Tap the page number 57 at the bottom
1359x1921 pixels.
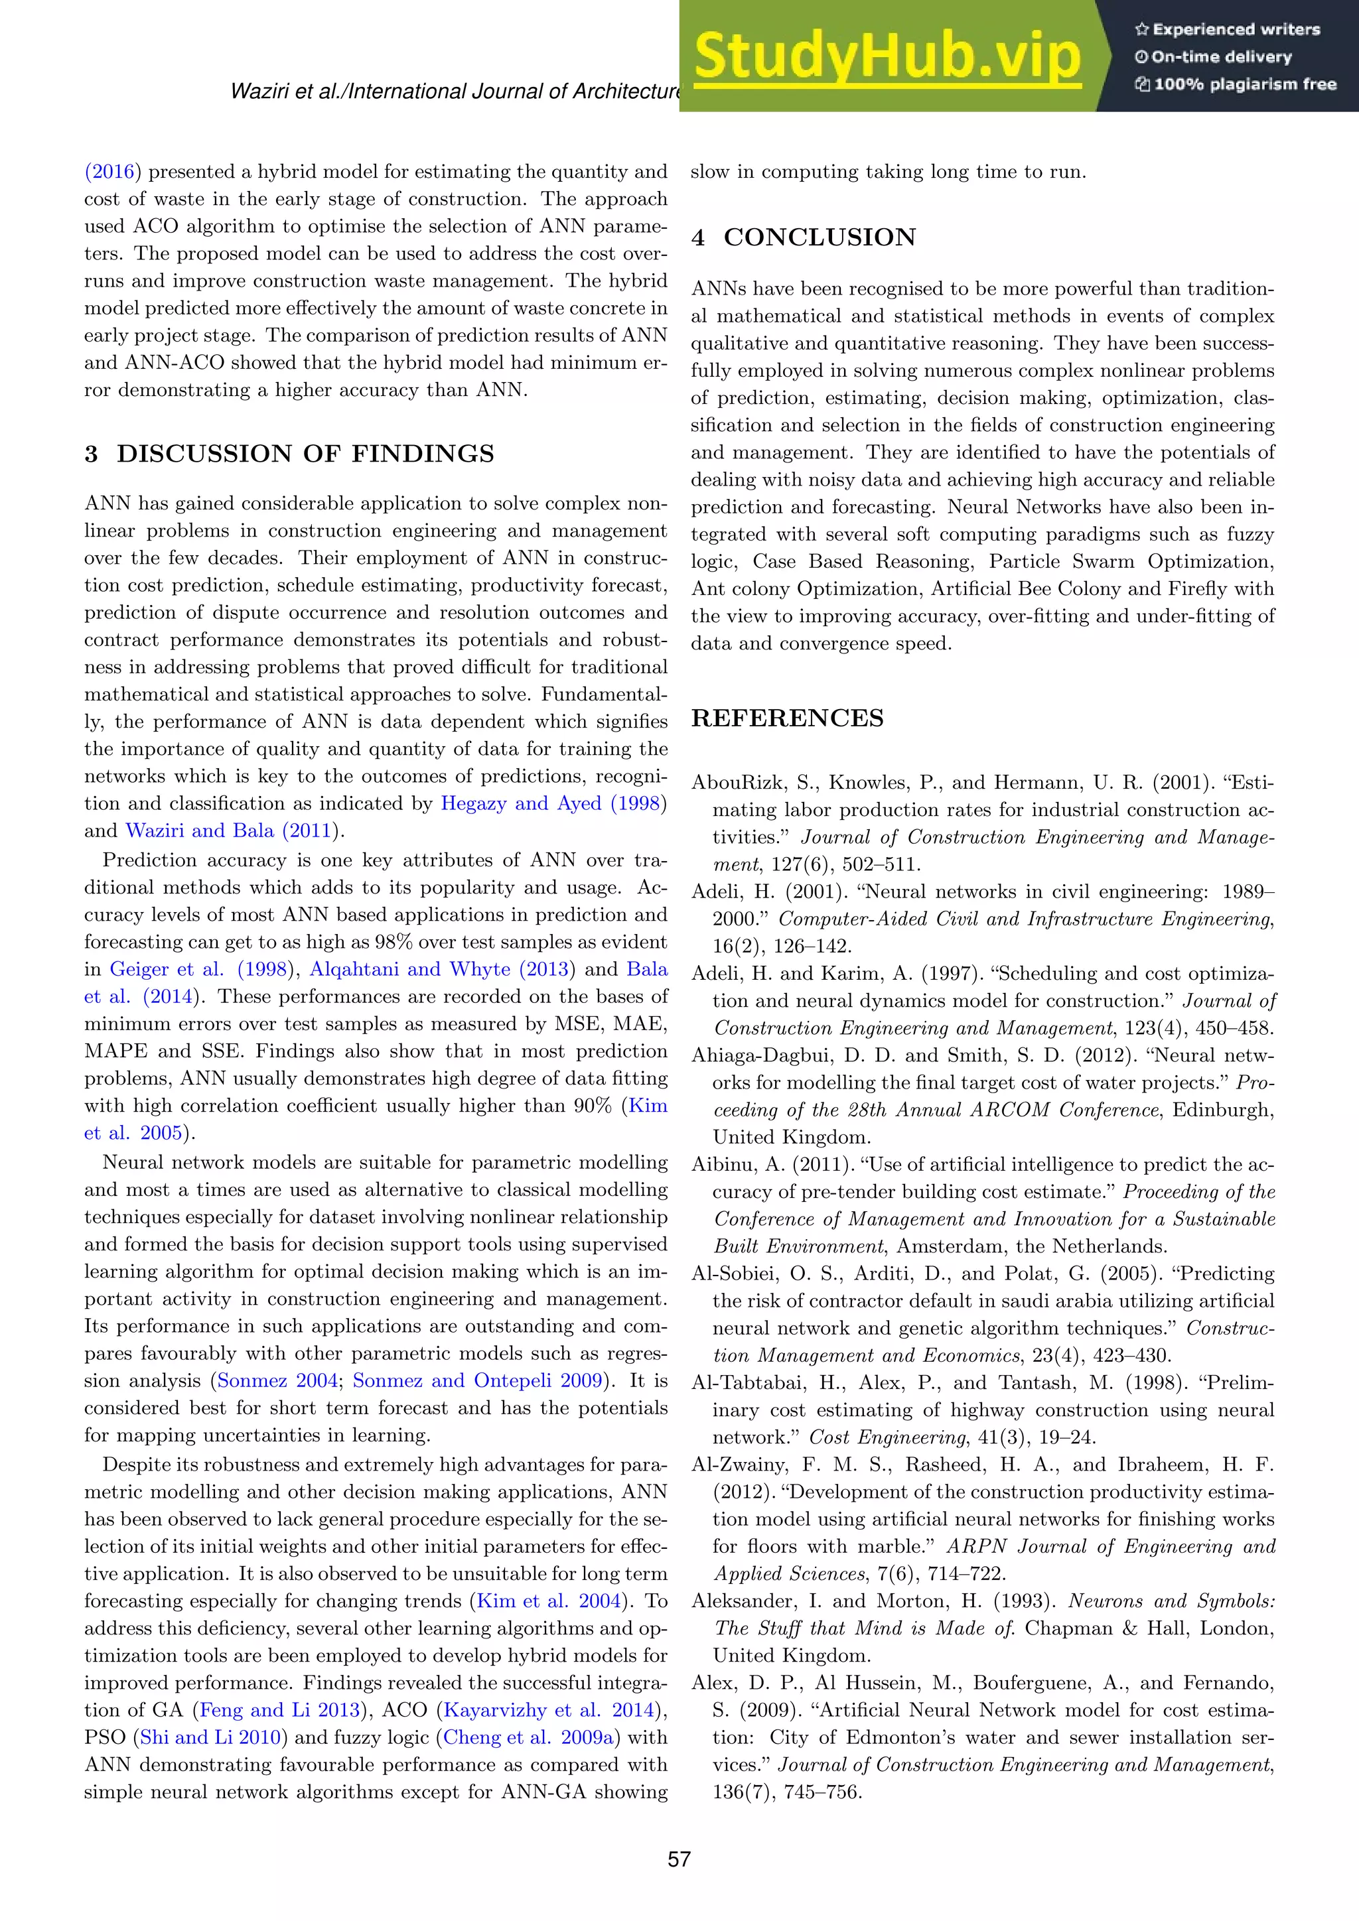tap(679, 1859)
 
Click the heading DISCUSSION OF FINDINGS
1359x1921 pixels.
tap(305, 454)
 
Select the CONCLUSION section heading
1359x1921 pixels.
tap(820, 237)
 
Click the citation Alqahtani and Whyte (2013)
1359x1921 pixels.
tap(442, 969)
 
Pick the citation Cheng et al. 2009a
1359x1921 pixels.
tap(528, 1738)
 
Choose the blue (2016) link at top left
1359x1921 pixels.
tap(109, 172)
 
